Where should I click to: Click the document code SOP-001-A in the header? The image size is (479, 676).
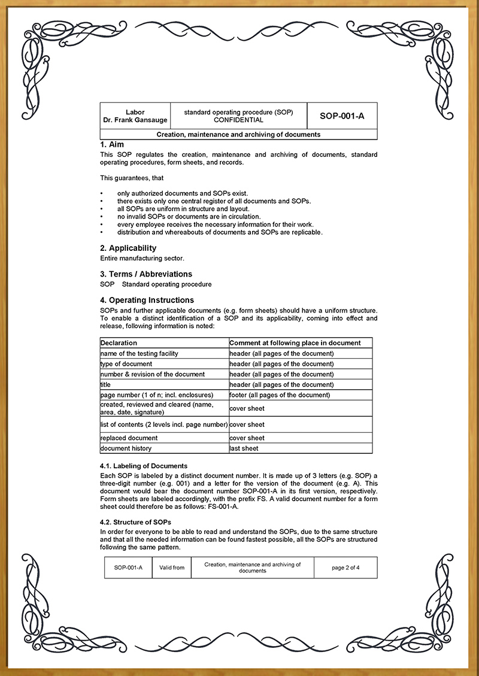pos(342,116)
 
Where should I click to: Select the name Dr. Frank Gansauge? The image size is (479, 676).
pos(135,120)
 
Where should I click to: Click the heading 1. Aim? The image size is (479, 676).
pos(112,144)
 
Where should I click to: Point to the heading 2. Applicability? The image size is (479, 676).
pos(128,248)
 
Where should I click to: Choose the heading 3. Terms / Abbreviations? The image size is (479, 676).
pos(146,274)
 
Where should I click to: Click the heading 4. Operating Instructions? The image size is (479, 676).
pos(147,300)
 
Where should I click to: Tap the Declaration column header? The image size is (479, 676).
pos(119,343)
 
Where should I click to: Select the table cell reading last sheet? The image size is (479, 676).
pos(244,448)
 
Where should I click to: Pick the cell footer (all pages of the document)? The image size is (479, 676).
pos(280,395)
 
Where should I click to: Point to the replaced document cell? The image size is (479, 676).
pos(129,438)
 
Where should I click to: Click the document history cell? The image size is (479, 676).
pos(126,448)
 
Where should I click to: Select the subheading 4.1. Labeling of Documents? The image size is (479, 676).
pos(144,466)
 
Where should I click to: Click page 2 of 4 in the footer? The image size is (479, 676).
pos(345,568)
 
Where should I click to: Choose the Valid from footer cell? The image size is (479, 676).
pos(171,568)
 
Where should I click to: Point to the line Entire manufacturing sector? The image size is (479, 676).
pos(143,258)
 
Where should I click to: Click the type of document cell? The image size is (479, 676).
pos(126,364)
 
